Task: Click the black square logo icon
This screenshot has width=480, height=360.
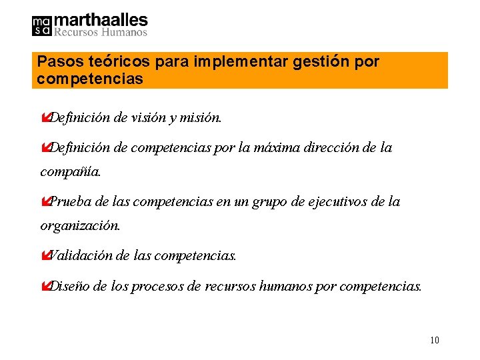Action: [x=41, y=25]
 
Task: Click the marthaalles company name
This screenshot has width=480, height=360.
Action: [x=100, y=20]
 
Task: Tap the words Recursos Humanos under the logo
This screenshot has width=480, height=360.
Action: [x=100, y=31]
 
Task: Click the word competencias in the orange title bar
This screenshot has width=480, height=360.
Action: [x=90, y=79]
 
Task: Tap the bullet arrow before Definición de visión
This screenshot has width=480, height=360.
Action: [x=45, y=118]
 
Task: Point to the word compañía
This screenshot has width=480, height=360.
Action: [x=71, y=172]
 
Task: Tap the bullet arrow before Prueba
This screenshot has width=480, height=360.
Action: [x=45, y=201]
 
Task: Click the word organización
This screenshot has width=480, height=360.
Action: [x=80, y=225]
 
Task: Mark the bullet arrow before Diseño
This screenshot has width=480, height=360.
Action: [x=45, y=287]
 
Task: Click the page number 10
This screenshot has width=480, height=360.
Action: [x=434, y=341]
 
